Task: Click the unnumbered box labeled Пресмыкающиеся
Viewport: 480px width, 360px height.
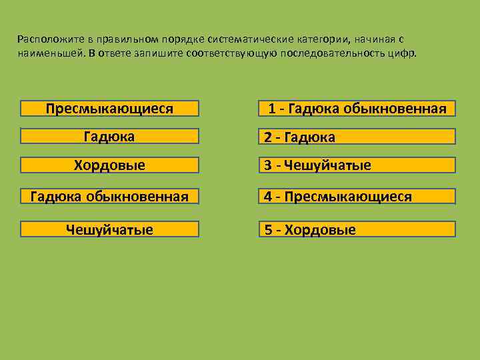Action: [x=109, y=109]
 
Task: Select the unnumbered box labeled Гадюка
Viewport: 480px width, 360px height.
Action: [x=109, y=137]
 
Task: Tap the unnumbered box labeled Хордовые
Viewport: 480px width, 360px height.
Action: [x=109, y=165]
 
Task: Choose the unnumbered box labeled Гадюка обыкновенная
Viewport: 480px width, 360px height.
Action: [x=109, y=197]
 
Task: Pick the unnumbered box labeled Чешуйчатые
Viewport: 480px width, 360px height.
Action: [x=109, y=230]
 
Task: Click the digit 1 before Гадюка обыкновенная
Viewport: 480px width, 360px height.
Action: [x=272, y=109]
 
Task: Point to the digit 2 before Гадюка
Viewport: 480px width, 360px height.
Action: [x=268, y=137]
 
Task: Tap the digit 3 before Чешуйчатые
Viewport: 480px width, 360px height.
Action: [x=268, y=165]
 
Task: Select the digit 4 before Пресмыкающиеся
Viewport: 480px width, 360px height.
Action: [x=268, y=197]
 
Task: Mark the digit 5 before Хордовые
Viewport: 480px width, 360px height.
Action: [x=268, y=230]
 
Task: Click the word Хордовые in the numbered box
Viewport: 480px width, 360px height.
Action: [x=320, y=230]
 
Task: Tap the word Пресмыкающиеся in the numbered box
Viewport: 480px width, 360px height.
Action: [x=348, y=197]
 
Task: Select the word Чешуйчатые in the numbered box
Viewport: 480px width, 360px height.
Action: [x=327, y=165]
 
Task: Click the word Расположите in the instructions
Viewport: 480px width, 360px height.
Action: [x=44, y=39]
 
